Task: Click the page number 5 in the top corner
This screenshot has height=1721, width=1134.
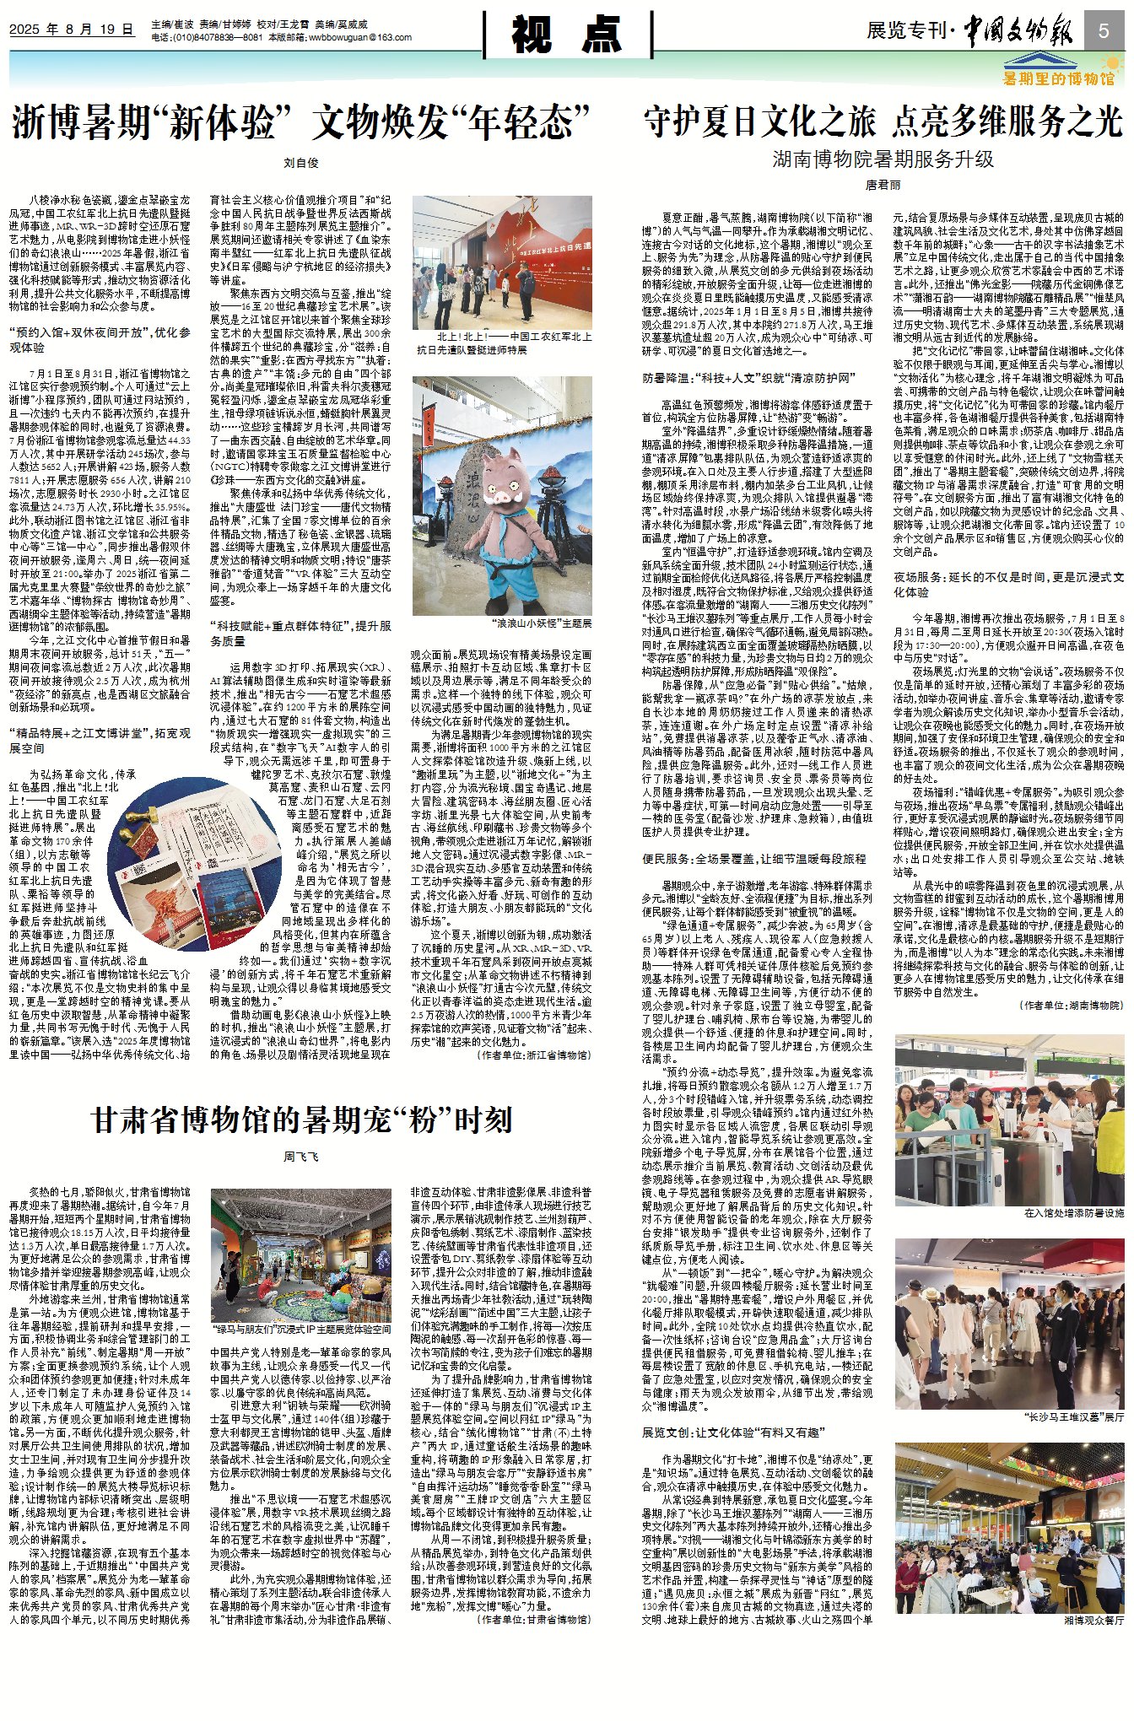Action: pyautogui.click(x=1103, y=32)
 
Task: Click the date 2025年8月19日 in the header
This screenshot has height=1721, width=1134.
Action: pyautogui.click(x=72, y=29)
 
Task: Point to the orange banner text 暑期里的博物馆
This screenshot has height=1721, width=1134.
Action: pyautogui.click(x=1057, y=78)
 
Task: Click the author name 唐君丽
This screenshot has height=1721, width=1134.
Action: pyautogui.click(x=883, y=184)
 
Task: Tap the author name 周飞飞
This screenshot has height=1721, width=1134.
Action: pyautogui.click(x=300, y=1156)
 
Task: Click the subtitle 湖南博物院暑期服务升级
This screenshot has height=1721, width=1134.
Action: pyautogui.click(x=883, y=159)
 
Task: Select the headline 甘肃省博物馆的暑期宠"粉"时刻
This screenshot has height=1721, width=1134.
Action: pyautogui.click(x=301, y=1120)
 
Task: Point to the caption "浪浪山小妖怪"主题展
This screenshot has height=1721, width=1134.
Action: pyautogui.click(x=542, y=623)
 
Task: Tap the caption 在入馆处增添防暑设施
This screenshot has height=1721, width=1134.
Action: pyautogui.click(x=1073, y=1212)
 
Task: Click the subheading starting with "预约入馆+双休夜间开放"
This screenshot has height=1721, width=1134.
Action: pyautogui.click(x=100, y=340)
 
